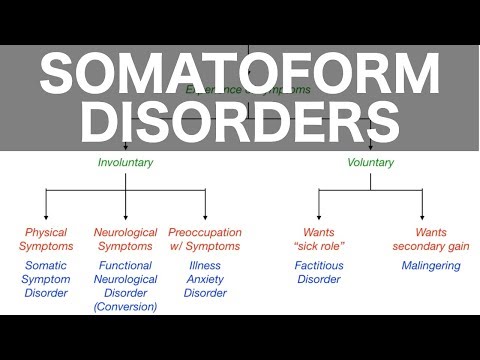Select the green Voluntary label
click(x=370, y=162)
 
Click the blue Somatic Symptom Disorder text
click(x=46, y=279)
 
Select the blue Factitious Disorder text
click(x=318, y=272)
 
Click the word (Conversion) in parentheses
click(x=126, y=307)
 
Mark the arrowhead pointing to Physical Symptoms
click(x=46, y=219)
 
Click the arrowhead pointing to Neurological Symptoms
click(x=126, y=219)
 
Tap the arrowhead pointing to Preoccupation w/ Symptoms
click(x=204, y=219)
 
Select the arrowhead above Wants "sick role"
click(x=318, y=219)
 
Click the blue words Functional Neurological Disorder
click(x=126, y=279)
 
